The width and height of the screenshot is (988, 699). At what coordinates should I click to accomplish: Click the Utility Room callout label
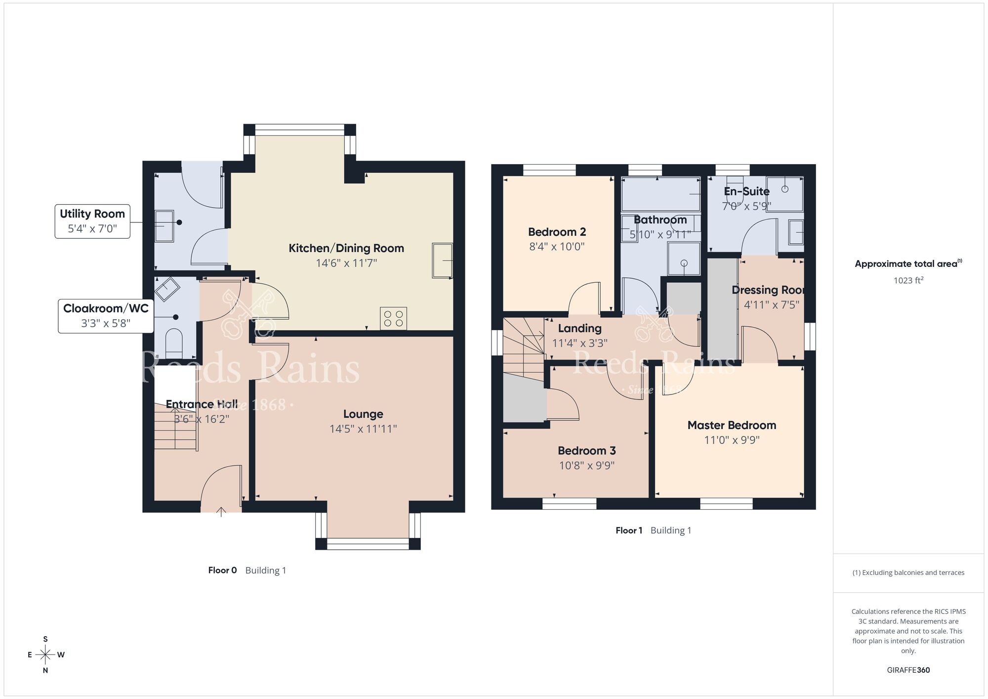(x=92, y=221)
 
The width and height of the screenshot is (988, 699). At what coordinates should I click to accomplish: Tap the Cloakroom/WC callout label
(x=106, y=315)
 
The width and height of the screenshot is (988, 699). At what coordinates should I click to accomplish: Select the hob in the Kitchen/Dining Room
(x=393, y=318)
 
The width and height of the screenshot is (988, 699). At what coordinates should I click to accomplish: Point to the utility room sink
(x=165, y=226)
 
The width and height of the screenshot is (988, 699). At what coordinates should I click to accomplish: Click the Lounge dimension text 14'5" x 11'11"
(x=363, y=429)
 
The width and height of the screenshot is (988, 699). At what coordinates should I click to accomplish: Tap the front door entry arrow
(x=221, y=512)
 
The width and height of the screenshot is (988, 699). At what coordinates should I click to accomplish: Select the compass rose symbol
(x=45, y=655)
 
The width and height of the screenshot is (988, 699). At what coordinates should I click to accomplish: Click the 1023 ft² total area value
(x=908, y=280)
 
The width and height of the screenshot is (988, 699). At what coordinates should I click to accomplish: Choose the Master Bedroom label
(x=732, y=425)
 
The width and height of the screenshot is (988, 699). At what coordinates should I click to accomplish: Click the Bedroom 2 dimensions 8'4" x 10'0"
(x=557, y=246)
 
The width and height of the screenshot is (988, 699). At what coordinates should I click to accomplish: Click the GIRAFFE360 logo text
(x=908, y=670)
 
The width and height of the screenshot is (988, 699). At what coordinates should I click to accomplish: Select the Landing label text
(x=579, y=328)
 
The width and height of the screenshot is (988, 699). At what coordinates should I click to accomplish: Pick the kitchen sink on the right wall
(x=442, y=260)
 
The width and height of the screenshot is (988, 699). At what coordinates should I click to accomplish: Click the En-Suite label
(x=746, y=191)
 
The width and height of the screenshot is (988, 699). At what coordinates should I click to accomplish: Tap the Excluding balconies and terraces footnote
(x=908, y=572)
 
